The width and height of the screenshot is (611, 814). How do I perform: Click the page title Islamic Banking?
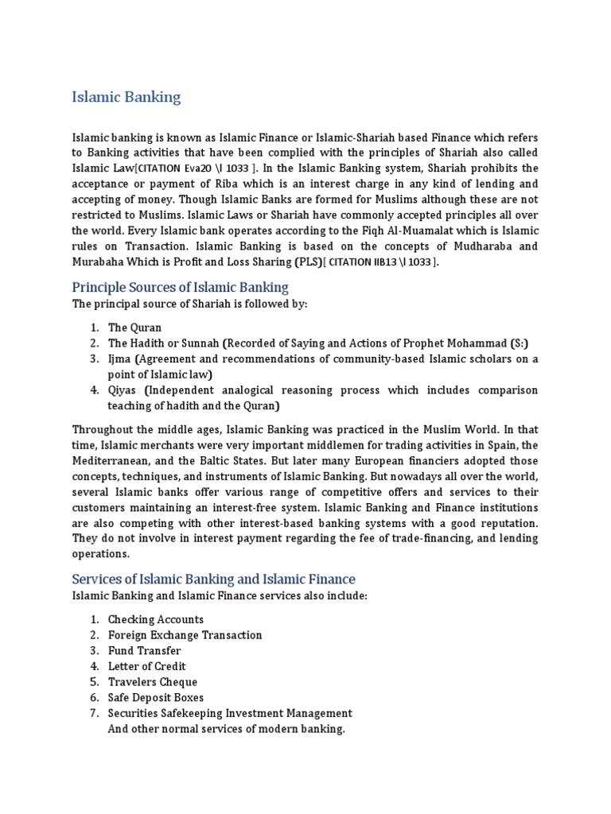click(126, 98)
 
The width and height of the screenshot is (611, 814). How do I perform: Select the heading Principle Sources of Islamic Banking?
click(180, 287)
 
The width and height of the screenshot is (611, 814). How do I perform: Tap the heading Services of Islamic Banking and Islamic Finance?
click(213, 579)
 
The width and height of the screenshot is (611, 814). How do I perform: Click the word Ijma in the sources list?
click(120, 359)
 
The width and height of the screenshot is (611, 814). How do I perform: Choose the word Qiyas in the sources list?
click(123, 390)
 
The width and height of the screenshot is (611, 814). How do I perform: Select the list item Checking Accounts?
click(156, 619)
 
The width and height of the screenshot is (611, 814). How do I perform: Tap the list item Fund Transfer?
click(144, 650)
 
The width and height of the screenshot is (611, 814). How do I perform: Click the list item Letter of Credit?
click(146, 666)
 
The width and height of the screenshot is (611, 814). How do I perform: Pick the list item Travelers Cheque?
click(153, 682)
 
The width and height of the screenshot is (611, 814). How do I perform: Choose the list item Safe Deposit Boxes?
click(156, 697)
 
